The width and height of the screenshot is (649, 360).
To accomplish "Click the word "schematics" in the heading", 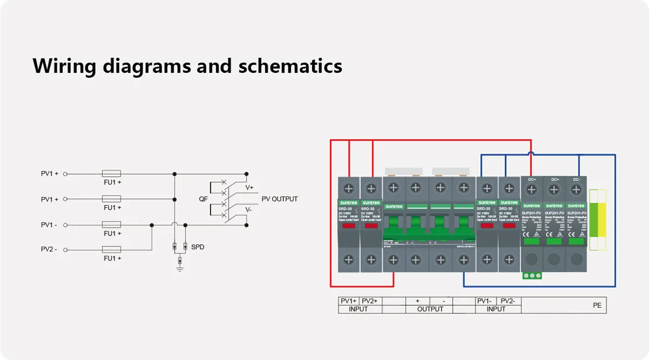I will click(290, 66).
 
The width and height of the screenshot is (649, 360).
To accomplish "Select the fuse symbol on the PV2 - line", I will click(111, 250).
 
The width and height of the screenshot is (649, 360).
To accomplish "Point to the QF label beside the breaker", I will click(203, 199).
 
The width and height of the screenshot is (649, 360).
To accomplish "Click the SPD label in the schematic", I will click(198, 247).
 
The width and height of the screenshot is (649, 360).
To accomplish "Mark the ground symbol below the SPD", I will click(180, 266).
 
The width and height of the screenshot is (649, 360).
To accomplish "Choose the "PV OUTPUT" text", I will click(280, 199).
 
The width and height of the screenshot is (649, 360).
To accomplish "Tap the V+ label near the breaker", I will click(249, 188).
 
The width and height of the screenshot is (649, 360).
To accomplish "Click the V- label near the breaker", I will click(248, 209).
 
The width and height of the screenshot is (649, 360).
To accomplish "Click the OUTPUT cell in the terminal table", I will click(430, 309).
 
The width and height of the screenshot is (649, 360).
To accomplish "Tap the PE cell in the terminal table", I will click(597, 305).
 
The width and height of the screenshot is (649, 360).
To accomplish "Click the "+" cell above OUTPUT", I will click(418, 301).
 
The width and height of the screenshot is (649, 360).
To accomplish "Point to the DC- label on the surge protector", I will click(577, 179).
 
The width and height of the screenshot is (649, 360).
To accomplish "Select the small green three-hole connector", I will click(532, 276).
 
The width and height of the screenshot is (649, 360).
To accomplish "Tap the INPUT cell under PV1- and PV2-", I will click(496, 309).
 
